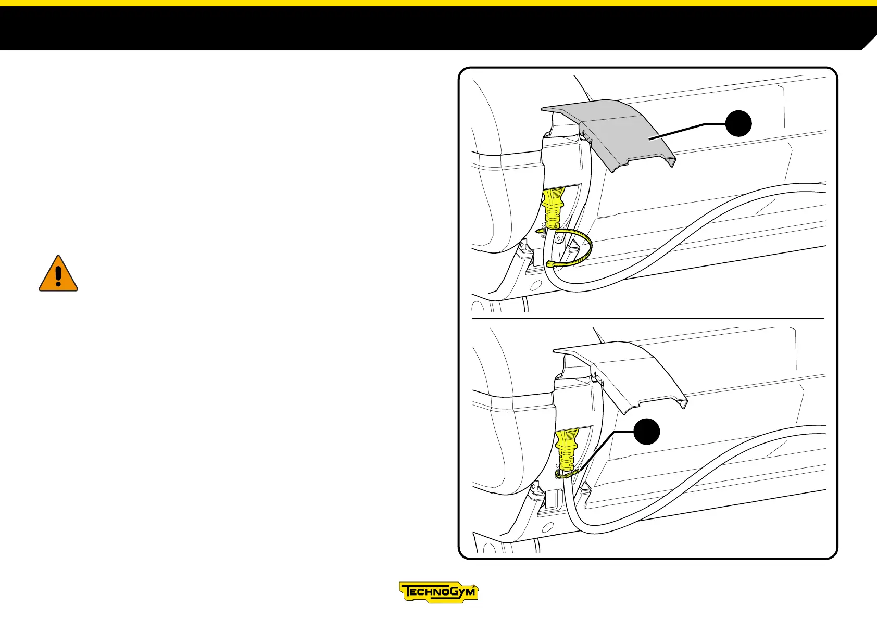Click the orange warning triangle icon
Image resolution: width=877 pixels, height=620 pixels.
pyautogui.click(x=58, y=274)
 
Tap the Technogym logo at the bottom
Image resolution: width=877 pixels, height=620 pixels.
pyautogui.click(x=438, y=592)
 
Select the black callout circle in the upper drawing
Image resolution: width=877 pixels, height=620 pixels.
pyautogui.click(x=738, y=123)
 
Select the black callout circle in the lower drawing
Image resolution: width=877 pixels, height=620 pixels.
pyautogui.click(x=647, y=432)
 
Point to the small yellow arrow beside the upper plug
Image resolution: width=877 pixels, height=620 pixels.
pyautogui.click(x=539, y=230)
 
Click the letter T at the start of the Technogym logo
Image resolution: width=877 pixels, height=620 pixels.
pyautogui.click(x=408, y=592)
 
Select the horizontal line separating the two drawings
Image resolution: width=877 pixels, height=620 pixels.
pyautogui.click(x=648, y=318)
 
